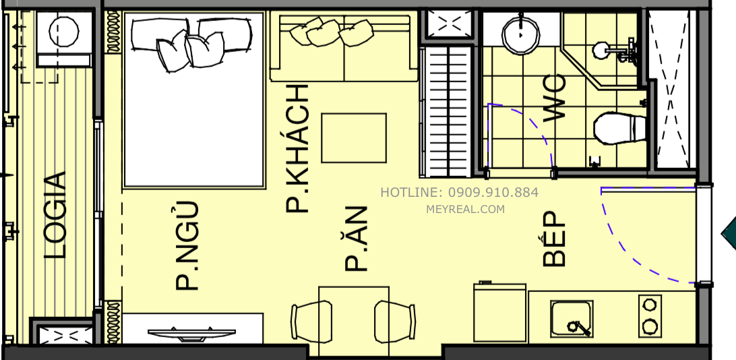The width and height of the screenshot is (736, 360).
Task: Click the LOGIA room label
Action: [x=55, y=216]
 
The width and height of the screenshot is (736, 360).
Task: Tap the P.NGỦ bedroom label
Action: [x=187, y=245]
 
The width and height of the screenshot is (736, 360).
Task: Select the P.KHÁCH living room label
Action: [x=298, y=149]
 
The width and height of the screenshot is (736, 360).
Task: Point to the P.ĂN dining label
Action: [x=356, y=239]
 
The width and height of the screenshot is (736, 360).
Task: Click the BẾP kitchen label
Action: [x=554, y=239]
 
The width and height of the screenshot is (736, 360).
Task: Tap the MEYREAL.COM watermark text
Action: [x=465, y=210]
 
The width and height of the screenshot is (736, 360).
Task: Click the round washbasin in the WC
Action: [x=520, y=36]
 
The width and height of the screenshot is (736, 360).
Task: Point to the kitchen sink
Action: [x=572, y=319]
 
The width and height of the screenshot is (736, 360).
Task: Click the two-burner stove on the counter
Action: [x=650, y=316]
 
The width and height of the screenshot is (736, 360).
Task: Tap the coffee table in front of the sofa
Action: [x=354, y=138]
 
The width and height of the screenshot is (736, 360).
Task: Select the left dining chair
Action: [x=312, y=322]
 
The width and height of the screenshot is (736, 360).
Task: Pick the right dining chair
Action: [x=394, y=322]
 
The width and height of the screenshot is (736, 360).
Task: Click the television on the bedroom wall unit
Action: [x=191, y=334]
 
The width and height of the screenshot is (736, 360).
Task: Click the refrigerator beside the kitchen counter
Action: [x=499, y=312]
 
